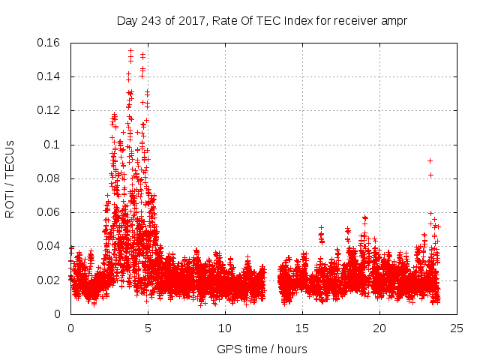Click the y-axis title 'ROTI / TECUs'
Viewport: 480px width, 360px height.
coord(10,178)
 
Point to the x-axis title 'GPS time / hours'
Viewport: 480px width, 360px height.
coord(262,349)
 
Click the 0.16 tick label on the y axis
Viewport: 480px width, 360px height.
coord(50,43)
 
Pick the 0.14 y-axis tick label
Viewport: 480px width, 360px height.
coord(50,76)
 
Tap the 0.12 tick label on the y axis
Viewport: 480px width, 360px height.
coord(50,110)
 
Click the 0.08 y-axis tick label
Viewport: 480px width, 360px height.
coord(50,178)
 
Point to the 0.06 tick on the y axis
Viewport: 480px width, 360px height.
coord(50,212)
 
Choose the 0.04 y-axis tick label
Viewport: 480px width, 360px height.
coord(50,246)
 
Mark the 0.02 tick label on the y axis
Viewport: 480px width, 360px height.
coord(50,280)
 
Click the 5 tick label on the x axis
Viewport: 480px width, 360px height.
coord(148,328)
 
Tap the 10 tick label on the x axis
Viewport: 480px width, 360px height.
coord(225,328)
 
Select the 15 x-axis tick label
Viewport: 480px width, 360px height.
coord(302,328)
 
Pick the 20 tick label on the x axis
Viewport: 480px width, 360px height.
coord(379,328)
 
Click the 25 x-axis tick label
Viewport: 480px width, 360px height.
coord(457,328)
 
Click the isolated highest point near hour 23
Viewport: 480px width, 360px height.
coord(430,160)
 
